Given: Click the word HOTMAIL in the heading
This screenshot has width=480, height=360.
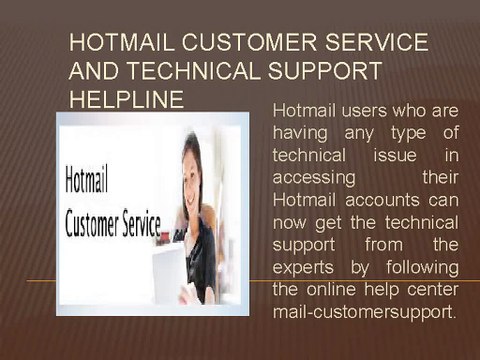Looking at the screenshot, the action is (x=122, y=42).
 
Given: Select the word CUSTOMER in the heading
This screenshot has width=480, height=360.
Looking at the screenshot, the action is (x=249, y=42).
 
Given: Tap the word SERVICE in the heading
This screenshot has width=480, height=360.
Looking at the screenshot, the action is (x=377, y=42).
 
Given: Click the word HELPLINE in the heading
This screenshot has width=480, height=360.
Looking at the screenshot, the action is (x=126, y=99).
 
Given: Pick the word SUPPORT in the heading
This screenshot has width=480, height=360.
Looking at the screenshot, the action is (x=325, y=71).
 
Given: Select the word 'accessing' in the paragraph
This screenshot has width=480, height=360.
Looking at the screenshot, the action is (x=314, y=178).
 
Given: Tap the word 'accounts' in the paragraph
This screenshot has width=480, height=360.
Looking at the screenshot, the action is (x=382, y=200).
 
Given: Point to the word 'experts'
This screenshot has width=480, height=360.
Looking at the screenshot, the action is (x=303, y=267).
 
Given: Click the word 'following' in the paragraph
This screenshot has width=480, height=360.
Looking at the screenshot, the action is (x=422, y=267).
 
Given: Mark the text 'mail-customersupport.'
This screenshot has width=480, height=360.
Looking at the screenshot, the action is (x=364, y=312).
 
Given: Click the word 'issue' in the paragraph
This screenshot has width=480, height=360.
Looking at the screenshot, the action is (x=395, y=155).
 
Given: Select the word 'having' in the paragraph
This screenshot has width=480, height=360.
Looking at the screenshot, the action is (x=300, y=133).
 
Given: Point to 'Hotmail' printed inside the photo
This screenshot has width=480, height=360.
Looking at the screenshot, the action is (x=87, y=180).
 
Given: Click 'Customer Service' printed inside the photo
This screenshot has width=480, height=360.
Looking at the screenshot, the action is (x=113, y=223).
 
